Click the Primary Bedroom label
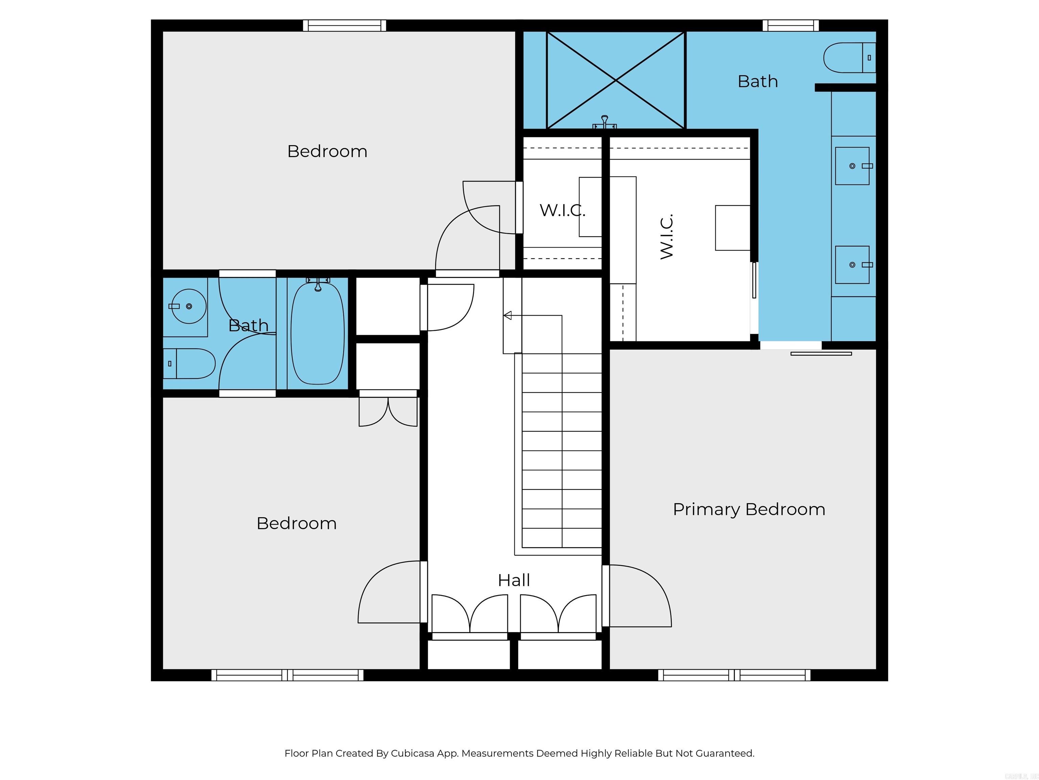click(x=749, y=509)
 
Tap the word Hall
click(x=514, y=580)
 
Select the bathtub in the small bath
click(x=318, y=333)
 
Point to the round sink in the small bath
click(x=188, y=306)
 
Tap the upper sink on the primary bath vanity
click(x=852, y=166)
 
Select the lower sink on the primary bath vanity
click(x=852, y=265)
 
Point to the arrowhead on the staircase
click(x=507, y=316)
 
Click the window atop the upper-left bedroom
click(x=344, y=25)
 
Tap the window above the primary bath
click(x=790, y=25)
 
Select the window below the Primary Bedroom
click(x=734, y=675)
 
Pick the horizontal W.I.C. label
click(x=562, y=210)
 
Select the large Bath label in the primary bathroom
click(x=758, y=81)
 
